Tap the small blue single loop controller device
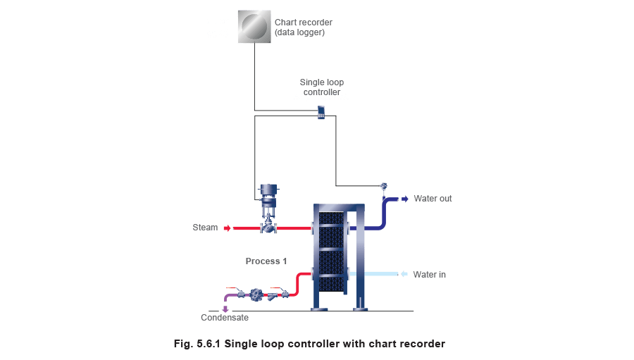[321, 111]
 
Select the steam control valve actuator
[268, 192]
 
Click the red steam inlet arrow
[228, 228]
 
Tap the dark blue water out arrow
[404, 199]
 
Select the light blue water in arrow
[404, 273]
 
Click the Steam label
[205, 228]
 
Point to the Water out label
[432, 199]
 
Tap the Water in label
[429, 273]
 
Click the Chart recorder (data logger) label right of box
[303, 27]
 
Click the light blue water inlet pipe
[381, 273]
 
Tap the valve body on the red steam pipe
[268, 227]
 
